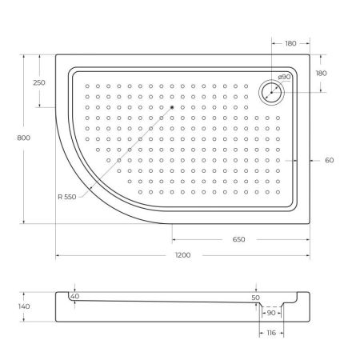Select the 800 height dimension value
click(24, 138)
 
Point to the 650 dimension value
click(238, 239)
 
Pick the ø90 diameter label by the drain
click(283, 78)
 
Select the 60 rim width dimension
click(329, 160)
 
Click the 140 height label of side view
click(24, 306)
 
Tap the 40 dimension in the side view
click(74, 296)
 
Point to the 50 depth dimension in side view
click(256, 297)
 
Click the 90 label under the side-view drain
click(271, 313)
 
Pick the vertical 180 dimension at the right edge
click(321, 73)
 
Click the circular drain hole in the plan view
click(272, 91)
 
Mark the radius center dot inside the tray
click(171, 107)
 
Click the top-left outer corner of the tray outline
click(56, 54)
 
